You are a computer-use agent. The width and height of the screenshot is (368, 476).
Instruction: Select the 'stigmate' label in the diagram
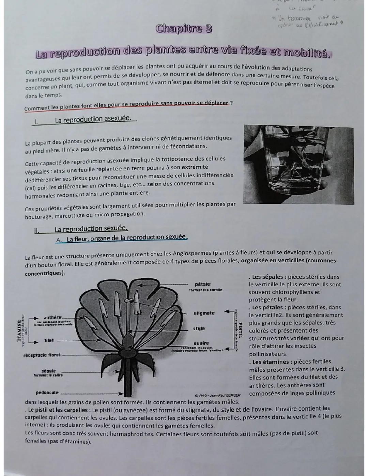click(204, 313)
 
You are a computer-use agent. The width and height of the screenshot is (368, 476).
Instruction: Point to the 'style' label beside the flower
click(199, 328)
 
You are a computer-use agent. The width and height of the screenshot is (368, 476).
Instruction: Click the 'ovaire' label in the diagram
click(201, 343)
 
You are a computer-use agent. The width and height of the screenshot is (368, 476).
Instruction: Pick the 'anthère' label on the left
click(52, 317)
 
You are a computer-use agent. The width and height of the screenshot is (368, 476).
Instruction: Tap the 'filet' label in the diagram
click(49, 340)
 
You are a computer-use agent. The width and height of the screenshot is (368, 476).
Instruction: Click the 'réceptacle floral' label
click(42, 355)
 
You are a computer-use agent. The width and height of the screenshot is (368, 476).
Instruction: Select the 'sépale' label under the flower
click(48, 371)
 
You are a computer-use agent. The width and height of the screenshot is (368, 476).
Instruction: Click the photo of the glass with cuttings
click(298, 165)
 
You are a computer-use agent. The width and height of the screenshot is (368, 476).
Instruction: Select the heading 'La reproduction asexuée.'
click(93, 119)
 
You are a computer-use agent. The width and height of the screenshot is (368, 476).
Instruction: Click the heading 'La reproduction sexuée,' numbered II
click(91, 229)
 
